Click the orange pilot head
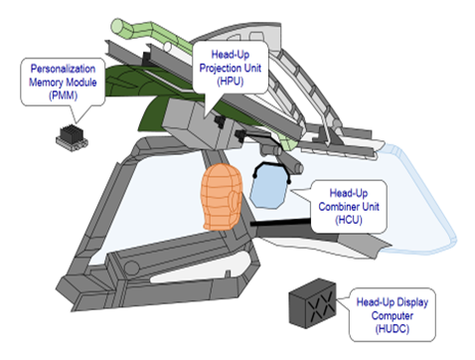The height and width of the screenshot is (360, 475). coord(222,197)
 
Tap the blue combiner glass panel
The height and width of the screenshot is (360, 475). coord(268,186)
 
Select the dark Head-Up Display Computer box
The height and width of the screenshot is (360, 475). coord(312,303)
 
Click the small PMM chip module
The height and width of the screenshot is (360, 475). coord(72,137)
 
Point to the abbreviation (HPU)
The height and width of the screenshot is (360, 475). coord(231,82)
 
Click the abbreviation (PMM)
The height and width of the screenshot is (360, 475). coord(63,95)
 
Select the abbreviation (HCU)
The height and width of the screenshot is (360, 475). coord(349,220)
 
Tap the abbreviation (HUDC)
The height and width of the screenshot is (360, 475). coord(393,329)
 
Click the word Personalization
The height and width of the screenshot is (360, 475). coord(63,69)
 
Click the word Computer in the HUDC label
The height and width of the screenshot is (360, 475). coord(393,315)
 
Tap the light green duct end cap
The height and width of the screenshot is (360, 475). coord(117,26)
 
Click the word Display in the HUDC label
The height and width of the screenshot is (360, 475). coord(412,302)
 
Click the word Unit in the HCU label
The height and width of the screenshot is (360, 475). coord(371,207)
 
